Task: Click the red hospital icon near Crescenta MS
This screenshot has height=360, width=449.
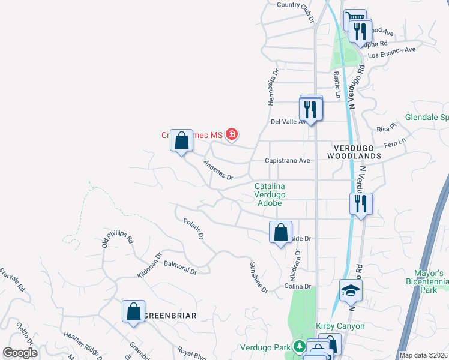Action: coord(231,135)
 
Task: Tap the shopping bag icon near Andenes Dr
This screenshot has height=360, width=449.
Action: coord(182,141)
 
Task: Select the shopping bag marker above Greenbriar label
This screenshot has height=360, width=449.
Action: coord(133,311)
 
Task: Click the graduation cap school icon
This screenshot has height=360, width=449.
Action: coord(351,291)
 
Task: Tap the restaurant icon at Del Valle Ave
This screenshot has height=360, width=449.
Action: coord(311,109)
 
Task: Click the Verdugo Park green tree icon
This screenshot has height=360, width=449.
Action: coord(298,347)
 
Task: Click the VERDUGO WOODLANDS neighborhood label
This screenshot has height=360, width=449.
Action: coord(354,151)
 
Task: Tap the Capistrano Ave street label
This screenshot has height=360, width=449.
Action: coord(288,161)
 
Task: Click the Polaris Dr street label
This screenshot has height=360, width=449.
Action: coord(194,229)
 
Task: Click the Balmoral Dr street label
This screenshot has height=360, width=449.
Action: coord(180,268)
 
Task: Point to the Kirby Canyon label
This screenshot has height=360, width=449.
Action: coord(340,326)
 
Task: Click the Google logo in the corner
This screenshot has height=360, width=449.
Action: coord(20,353)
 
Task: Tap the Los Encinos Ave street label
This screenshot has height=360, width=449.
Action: coord(391,52)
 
